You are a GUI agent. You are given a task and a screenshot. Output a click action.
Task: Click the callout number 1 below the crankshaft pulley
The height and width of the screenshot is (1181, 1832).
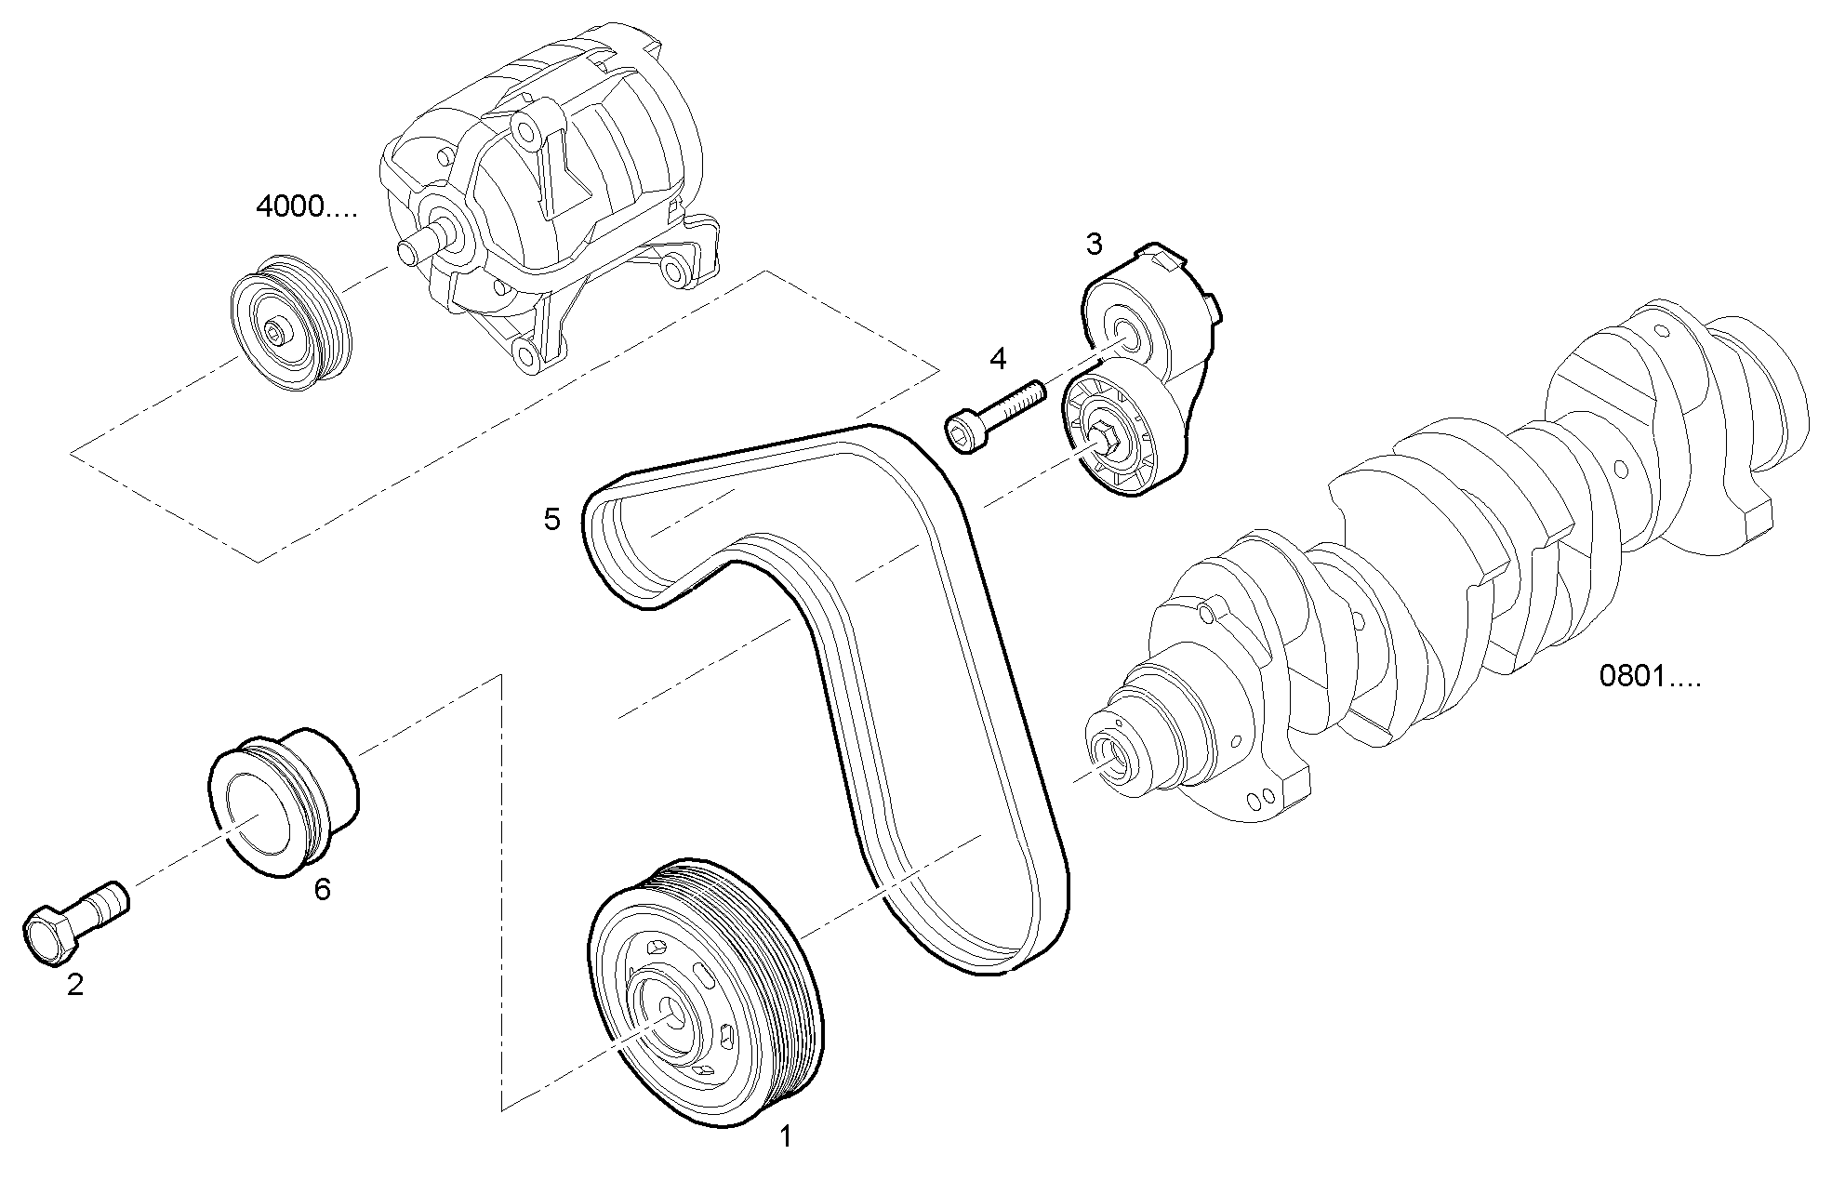pos(785,1136)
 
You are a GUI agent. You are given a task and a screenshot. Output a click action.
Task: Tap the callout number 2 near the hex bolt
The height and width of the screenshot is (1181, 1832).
pos(75,985)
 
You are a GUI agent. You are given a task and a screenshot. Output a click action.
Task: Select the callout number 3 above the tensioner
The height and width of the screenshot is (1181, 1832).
pos(1094,245)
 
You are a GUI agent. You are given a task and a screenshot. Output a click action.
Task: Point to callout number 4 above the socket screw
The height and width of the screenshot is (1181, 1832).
pos(998,359)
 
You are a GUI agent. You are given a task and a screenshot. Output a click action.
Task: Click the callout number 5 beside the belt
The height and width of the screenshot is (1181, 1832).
pos(552,520)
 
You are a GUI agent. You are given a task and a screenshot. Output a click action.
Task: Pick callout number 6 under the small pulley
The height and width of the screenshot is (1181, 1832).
pos(322,890)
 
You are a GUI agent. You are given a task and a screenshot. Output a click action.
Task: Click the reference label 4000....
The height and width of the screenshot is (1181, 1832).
pos(306,206)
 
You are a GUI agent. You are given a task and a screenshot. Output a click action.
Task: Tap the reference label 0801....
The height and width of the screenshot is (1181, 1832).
pos(1649,676)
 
